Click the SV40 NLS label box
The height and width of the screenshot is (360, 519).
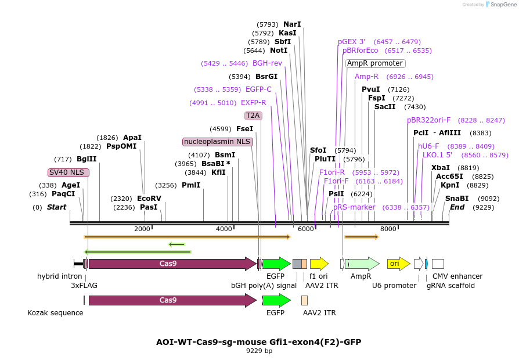coord(69,172)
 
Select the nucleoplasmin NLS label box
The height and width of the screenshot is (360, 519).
coord(218,142)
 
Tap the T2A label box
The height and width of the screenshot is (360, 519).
coord(253,116)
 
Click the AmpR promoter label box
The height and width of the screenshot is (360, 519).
coord(375,63)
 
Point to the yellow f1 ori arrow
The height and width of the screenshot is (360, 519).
coord(319,264)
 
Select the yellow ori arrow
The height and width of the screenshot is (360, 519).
coord(398,264)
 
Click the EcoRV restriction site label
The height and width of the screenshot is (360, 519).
coord(149,199)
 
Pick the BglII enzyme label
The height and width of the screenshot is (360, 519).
coord(86,159)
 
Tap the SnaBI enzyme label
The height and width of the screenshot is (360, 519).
coord(456,199)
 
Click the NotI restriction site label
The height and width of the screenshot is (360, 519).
coord(279,51)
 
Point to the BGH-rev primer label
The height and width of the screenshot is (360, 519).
coord(267,63)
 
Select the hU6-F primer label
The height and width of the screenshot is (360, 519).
coord(428,146)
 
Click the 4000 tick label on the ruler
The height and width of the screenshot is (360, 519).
coord(224,229)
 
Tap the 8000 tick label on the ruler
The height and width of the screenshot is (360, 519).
coord(388,229)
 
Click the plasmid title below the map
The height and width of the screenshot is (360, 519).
coord(259,341)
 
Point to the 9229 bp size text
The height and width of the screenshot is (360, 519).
coord(259,351)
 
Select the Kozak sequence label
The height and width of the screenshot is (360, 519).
coord(55,313)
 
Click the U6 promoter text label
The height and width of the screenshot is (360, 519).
coord(394,286)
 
